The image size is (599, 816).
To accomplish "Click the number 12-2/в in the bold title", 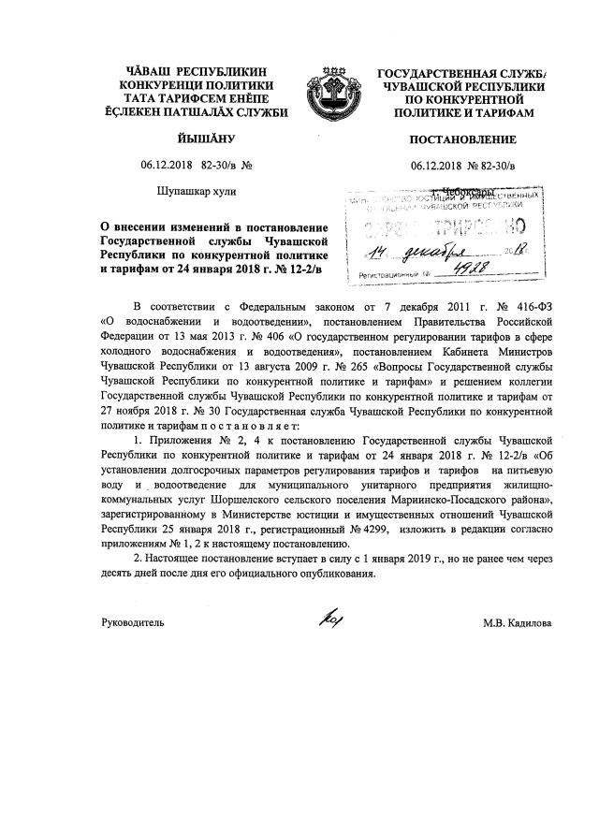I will pyautogui.click(x=304, y=270).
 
